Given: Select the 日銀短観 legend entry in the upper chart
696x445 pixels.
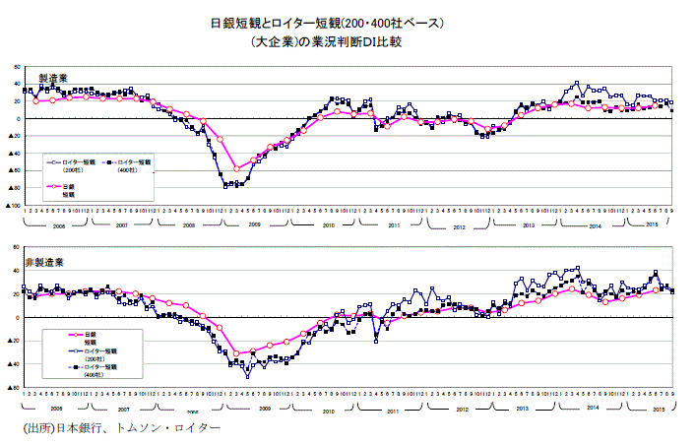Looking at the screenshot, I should click(68, 189).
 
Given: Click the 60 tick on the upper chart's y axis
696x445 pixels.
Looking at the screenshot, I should click(17, 67).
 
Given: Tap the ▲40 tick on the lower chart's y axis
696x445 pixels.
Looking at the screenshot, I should click(14, 364).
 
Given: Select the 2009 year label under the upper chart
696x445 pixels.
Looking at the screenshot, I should click(253, 224).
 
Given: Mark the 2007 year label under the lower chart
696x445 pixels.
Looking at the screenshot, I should click(123, 408).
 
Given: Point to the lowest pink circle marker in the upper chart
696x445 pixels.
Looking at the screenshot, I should click(236, 168).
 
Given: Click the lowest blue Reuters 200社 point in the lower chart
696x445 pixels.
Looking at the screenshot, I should click(248, 376).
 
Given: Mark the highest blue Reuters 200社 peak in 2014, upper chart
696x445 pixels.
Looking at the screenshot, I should click(576, 84).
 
